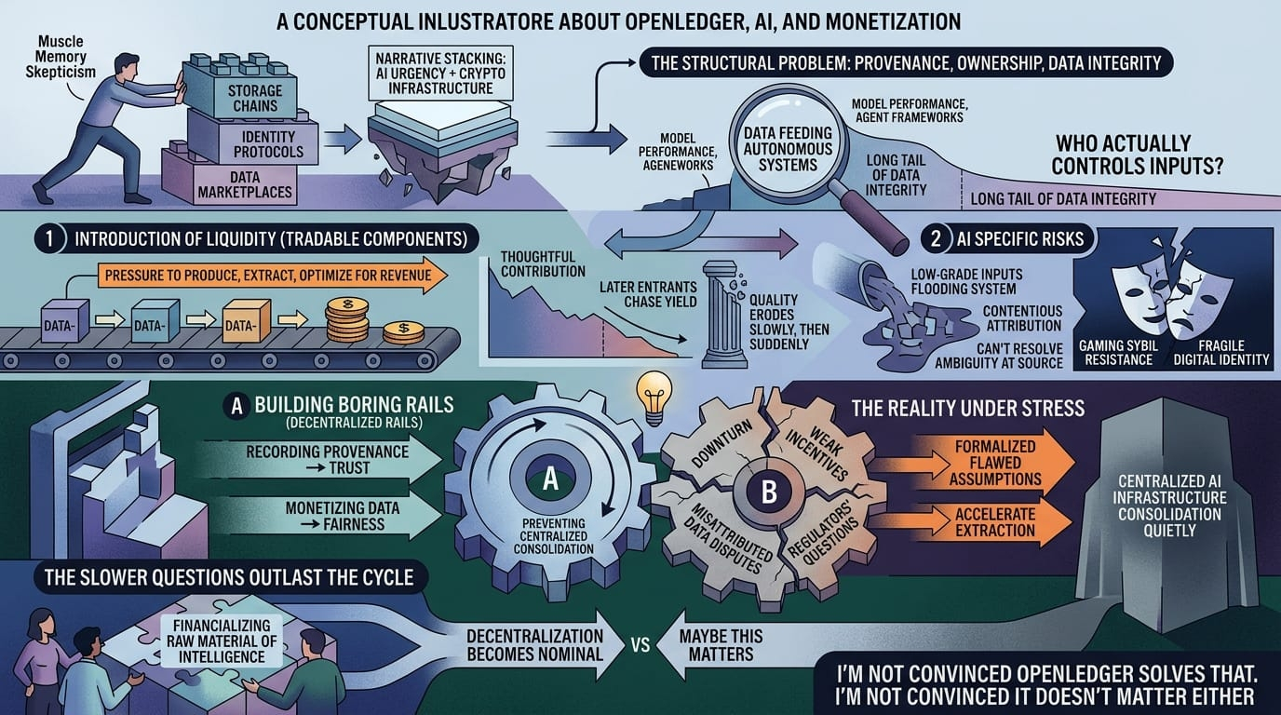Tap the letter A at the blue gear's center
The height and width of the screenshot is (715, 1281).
pos(550,479)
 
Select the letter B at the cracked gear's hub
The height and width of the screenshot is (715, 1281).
pos(769,492)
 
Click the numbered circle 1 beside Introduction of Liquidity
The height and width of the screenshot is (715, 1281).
pos(49,238)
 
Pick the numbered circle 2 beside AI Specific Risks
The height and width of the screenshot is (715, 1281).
pos(936,238)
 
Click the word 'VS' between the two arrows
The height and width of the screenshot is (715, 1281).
pos(640,646)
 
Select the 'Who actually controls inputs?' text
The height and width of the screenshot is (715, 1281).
pos(1137,155)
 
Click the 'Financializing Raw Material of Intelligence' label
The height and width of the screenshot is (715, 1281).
pos(222,641)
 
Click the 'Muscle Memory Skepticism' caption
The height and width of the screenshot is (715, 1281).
pos(61,57)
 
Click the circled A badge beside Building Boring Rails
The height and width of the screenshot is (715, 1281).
pos(236,406)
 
